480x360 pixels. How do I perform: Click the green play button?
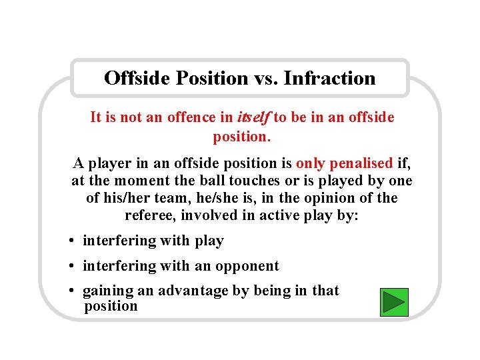[394, 302]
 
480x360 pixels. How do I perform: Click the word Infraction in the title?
[329, 79]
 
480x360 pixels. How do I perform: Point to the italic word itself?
[253, 118]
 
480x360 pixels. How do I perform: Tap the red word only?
[310, 163]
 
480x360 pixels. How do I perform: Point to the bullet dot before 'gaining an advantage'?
[71, 291]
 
